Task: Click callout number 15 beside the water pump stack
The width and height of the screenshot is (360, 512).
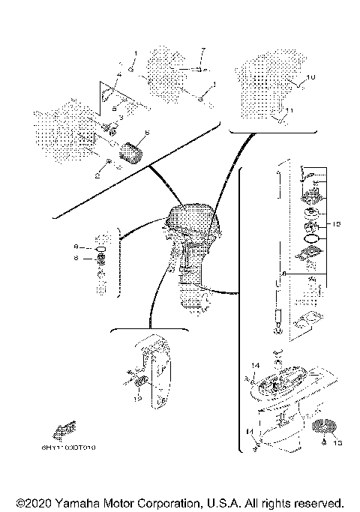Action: pos(337,223)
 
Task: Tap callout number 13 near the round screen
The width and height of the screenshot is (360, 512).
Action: pos(337,442)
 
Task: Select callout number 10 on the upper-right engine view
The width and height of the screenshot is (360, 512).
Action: pos(313,77)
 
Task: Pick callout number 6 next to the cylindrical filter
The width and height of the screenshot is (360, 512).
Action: pos(147,133)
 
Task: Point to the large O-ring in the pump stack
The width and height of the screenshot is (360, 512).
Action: pos(309,240)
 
